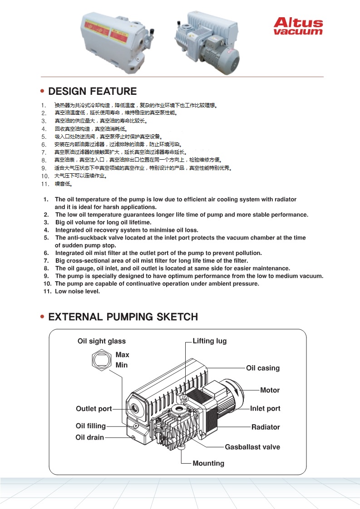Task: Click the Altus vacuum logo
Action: [x=298, y=26]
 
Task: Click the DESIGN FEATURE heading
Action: [x=92, y=91]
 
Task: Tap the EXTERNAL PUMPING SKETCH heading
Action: [x=123, y=317]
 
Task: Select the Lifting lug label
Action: [x=209, y=341]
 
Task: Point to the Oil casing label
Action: [x=263, y=368]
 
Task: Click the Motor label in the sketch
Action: [x=270, y=390]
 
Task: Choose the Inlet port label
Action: [x=265, y=408]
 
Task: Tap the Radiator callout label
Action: [x=266, y=427]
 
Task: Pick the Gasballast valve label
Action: [x=252, y=447]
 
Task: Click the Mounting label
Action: [x=208, y=463]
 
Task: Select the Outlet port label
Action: [x=94, y=409]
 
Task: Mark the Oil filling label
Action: [x=90, y=426]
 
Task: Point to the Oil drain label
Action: [x=89, y=437]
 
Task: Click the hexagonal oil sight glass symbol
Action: [x=102, y=360]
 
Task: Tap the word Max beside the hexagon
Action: [x=122, y=355]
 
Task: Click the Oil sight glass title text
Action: [x=102, y=341]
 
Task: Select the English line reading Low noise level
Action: [x=77, y=291]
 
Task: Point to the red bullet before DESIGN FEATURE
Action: [x=42, y=92]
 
